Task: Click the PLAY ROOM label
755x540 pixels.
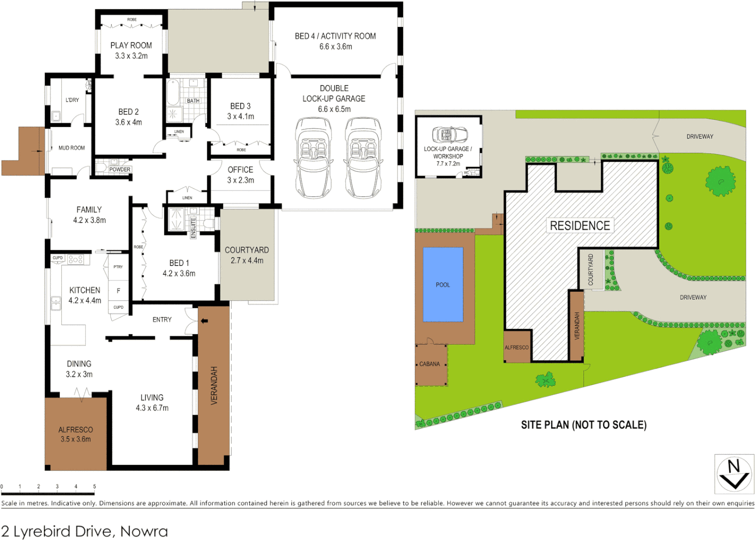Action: [x=131, y=45]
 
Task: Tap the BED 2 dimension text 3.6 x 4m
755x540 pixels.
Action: [x=129, y=122]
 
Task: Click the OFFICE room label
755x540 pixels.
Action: [x=240, y=170]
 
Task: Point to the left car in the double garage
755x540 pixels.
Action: [x=313, y=158]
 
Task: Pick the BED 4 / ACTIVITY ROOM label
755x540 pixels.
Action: [x=335, y=36]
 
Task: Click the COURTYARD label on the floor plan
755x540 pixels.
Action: [x=247, y=250]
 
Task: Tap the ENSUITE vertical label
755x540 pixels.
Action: [x=193, y=227]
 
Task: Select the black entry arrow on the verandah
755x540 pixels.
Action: [x=204, y=321]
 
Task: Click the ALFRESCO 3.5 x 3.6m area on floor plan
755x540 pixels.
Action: [x=76, y=434]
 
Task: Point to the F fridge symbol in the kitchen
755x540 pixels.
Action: [x=118, y=290]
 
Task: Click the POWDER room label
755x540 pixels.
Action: [x=120, y=169]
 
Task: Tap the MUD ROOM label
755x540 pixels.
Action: [x=71, y=148]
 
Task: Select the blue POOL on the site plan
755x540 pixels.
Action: [x=443, y=284]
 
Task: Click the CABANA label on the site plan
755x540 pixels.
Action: [x=429, y=364]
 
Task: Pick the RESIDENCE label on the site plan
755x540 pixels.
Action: [x=580, y=225]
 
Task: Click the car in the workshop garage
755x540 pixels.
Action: [x=449, y=134]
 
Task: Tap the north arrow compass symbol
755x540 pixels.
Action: [x=734, y=473]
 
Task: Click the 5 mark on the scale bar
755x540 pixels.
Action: [x=94, y=486]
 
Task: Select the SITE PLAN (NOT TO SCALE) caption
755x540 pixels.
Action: [x=583, y=425]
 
